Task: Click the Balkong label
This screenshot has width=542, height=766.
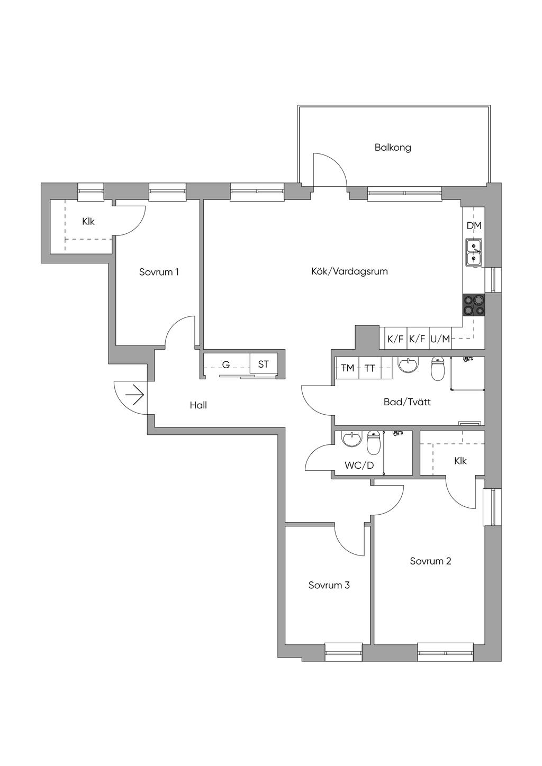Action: pyautogui.click(x=392, y=148)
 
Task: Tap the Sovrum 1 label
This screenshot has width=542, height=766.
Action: pyautogui.click(x=159, y=272)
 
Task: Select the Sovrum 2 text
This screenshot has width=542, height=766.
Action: pyautogui.click(x=430, y=561)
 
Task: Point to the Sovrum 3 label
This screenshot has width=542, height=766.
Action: pyautogui.click(x=329, y=585)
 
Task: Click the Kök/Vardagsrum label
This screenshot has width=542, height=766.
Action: pyautogui.click(x=349, y=271)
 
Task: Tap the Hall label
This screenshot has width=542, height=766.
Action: pyautogui.click(x=198, y=405)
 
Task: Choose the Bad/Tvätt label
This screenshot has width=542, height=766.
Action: pyautogui.click(x=407, y=402)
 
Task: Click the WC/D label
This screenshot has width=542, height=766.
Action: pyautogui.click(x=359, y=465)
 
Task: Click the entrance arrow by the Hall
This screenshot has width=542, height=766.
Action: pyautogui.click(x=134, y=395)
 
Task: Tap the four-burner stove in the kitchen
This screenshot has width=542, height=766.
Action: pyautogui.click(x=474, y=305)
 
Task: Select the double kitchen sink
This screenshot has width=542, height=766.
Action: pyautogui.click(x=474, y=252)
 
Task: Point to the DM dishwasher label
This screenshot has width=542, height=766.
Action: pyautogui.click(x=474, y=226)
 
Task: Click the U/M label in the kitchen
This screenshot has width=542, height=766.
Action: pyautogui.click(x=440, y=339)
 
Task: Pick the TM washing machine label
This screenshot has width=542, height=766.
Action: pyautogui.click(x=348, y=368)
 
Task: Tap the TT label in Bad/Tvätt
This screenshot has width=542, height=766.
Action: pyautogui.click(x=369, y=368)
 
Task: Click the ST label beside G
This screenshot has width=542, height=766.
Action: pyautogui.click(x=263, y=364)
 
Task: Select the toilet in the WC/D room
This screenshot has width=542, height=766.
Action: pyautogui.click(x=374, y=443)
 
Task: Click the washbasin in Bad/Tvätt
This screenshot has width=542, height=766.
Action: pyautogui.click(x=409, y=364)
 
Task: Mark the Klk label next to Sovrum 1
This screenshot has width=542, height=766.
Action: pyautogui.click(x=88, y=222)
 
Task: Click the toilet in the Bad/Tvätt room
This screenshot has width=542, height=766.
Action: pyautogui.click(x=437, y=369)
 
